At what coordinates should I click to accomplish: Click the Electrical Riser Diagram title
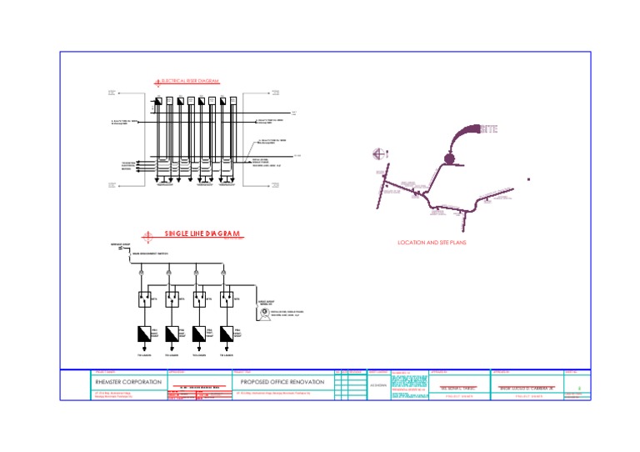click(189, 81)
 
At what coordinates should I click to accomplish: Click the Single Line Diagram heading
click(202, 233)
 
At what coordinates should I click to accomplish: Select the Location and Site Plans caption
click(432, 242)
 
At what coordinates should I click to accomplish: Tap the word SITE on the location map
click(489, 130)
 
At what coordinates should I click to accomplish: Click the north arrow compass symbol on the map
click(378, 153)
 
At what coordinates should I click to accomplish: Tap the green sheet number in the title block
click(579, 388)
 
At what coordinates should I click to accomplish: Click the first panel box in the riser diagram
click(157, 101)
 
